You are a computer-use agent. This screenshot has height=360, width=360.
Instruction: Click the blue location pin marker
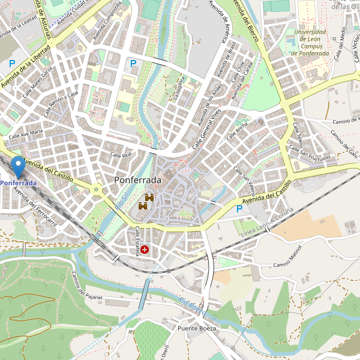[19, 166]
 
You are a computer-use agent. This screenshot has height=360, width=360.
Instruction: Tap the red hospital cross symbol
[145, 248]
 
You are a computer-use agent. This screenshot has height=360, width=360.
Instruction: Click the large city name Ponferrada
[137, 180]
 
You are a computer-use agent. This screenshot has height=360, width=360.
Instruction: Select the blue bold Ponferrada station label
[18, 183]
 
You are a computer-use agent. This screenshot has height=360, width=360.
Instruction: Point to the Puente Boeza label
[196, 329]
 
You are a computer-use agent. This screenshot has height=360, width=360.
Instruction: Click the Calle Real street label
[121, 155]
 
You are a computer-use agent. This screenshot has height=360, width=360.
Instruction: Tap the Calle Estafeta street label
[137, 241]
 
